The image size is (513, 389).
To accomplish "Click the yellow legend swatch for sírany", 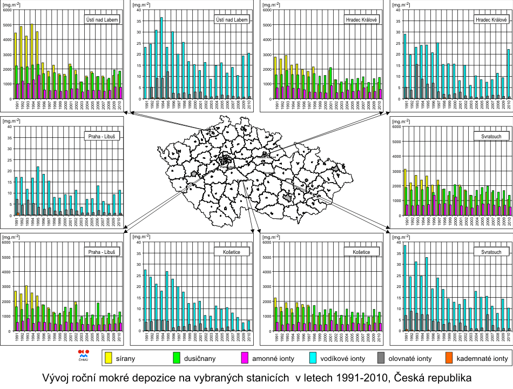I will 109,358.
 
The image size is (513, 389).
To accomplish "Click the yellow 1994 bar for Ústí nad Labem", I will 32,61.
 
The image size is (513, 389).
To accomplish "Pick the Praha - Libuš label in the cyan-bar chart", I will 103,136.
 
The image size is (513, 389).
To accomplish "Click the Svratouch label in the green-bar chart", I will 492,136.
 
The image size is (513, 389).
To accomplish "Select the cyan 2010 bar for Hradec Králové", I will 509,73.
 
